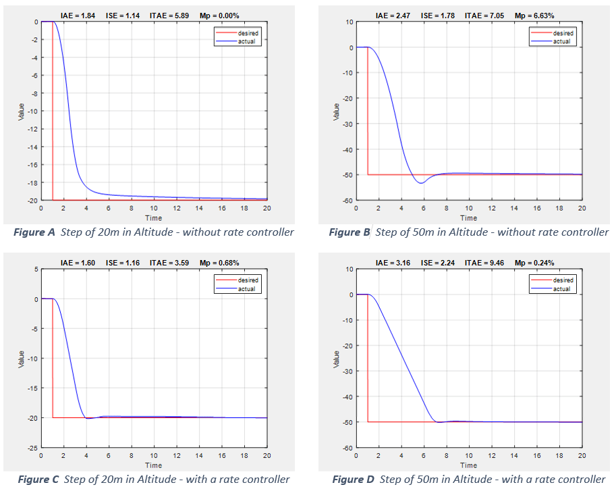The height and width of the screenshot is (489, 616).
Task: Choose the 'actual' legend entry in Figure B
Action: [x=561, y=41]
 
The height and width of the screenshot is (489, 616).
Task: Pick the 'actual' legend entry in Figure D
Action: [x=561, y=288]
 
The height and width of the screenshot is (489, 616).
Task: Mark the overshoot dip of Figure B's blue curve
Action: [x=420, y=183]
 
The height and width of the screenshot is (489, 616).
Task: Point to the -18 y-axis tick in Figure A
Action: [x=32, y=182]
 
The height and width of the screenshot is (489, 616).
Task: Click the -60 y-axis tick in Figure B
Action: [x=347, y=201]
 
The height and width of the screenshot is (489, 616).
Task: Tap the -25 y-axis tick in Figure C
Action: [x=32, y=448]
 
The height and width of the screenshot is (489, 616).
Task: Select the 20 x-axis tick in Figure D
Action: [x=582, y=456]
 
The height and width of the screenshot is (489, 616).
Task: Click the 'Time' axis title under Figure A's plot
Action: [x=154, y=218]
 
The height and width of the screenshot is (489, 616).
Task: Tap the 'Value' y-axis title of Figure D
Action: [x=336, y=358]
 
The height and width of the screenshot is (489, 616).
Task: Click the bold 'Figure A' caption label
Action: [x=33, y=232]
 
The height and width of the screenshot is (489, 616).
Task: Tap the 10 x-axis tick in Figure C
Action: [x=154, y=456]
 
